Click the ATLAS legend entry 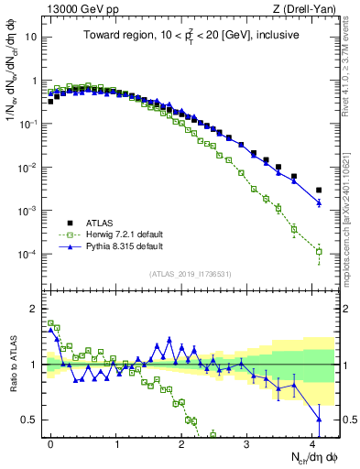click(101, 222)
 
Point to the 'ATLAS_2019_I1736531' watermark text click(189, 274)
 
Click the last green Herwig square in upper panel click(319, 251)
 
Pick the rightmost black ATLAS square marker click(319, 164)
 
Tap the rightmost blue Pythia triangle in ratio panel click(319, 420)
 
